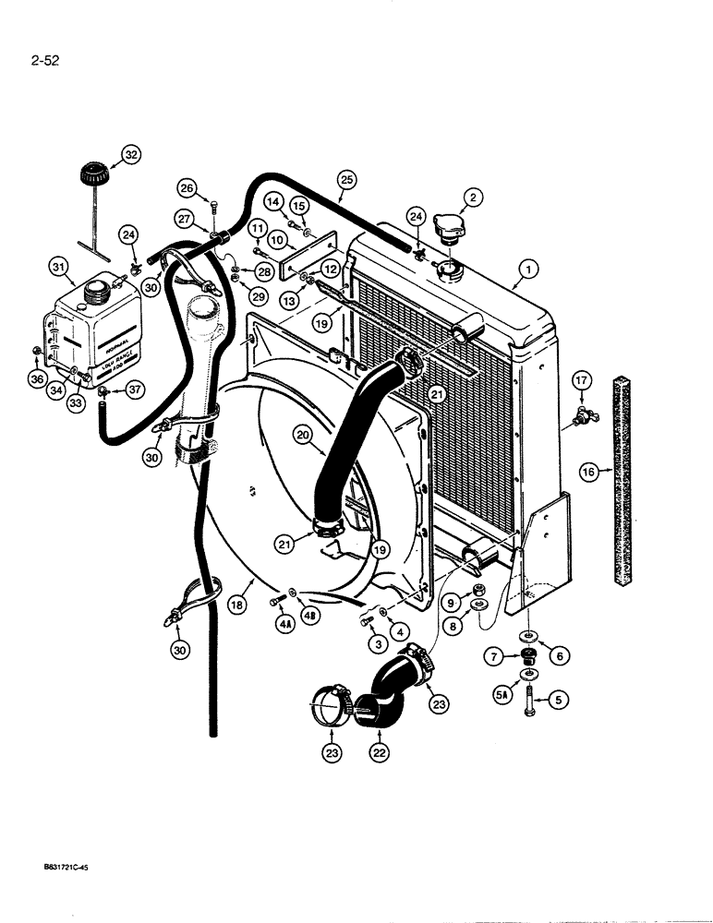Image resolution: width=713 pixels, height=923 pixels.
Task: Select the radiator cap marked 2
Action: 448,239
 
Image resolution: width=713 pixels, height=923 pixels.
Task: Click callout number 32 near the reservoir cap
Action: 130,156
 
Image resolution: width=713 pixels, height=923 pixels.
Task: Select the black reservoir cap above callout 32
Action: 92,173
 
